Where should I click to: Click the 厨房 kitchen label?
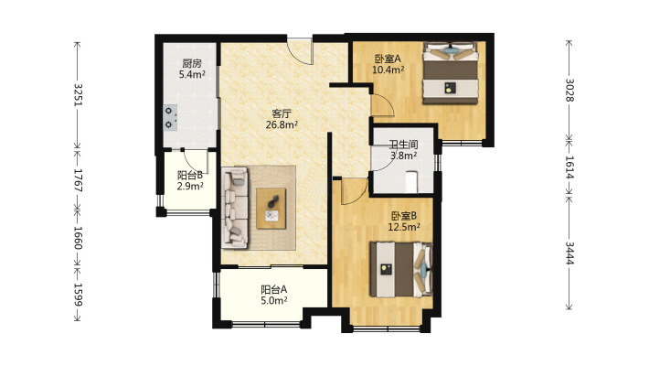click(192, 63)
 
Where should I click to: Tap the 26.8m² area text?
click(282, 124)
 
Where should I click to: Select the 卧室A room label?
click(388, 59)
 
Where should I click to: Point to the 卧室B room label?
click(404, 216)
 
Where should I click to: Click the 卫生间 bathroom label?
click(403, 145)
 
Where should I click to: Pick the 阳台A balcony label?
click(274, 290)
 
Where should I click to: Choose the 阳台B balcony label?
click(190, 176)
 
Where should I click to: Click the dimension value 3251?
click(78, 95)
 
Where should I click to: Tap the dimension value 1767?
click(78, 180)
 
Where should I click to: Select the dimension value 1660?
click(78, 238)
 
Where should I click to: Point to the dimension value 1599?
click(78, 295)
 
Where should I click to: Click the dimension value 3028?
click(569, 90)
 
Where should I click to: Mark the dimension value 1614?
click(569, 167)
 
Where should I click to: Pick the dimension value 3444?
click(569, 253)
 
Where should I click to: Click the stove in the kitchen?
click(171, 118)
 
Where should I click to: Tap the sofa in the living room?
click(235, 208)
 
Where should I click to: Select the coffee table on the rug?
click(271, 209)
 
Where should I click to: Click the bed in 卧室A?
click(451, 72)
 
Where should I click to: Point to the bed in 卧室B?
click(401, 269)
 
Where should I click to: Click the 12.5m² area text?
click(404, 227)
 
